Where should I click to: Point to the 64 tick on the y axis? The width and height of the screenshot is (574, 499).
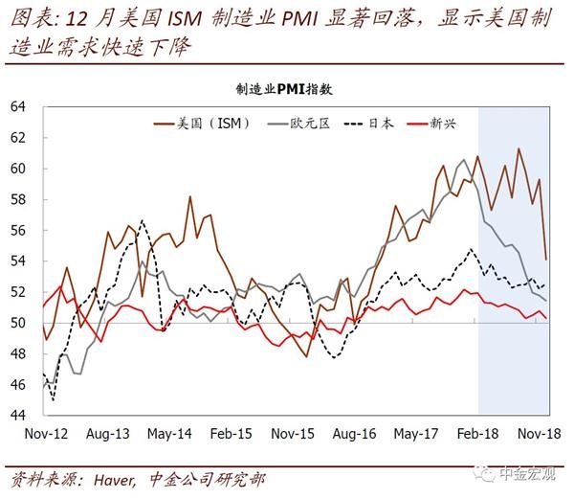pyautogui.click(x=17, y=106)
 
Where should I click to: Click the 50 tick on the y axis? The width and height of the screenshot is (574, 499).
pyautogui.click(x=17, y=323)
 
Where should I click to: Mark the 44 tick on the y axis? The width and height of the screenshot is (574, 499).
pyautogui.click(x=17, y=416)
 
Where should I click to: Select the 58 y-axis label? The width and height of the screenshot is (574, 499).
pyautogui.click(x=17, y=199)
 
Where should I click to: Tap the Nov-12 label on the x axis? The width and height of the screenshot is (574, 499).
pyautogui.click(x=46, y=434)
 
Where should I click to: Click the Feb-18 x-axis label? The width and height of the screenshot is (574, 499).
pyautogui.click(x=477, y=434)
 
